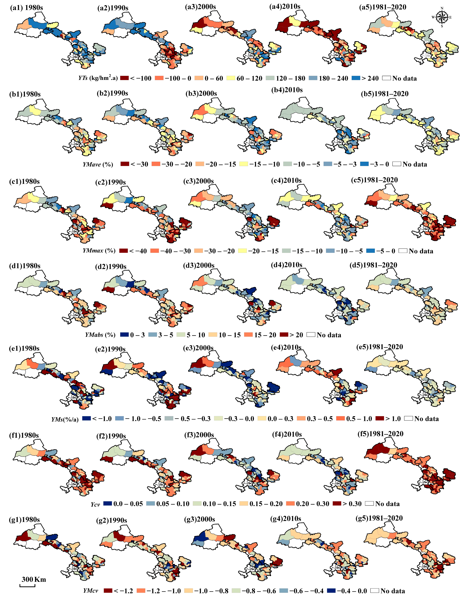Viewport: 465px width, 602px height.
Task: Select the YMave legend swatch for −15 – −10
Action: pyautogui.click(x=244, y=164)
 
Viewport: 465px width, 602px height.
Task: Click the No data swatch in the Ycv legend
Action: pyautogui.click(x=369, y=504)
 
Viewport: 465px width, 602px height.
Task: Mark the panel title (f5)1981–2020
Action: pyautogui.click(x=380, y=434)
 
